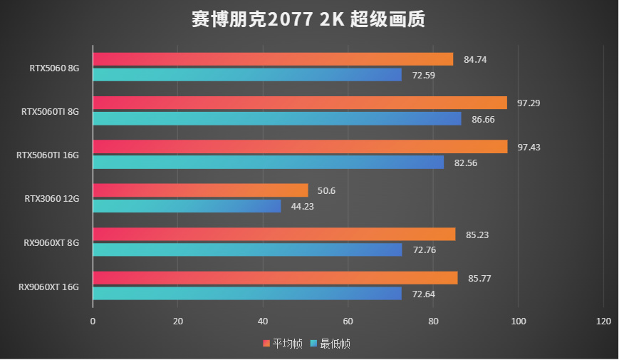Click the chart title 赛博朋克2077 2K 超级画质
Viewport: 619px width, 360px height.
pos(308,19)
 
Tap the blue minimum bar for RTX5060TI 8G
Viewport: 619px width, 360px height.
pos(277,118)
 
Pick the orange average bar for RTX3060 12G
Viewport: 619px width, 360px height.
pos(200,190)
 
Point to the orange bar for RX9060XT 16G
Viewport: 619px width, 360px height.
pos(275,277)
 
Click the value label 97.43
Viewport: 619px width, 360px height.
pos(529,147)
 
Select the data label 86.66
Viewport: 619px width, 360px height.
pos(483,119)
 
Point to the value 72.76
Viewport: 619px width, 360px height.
pos(424,250)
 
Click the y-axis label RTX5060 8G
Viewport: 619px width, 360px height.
pos(54,68)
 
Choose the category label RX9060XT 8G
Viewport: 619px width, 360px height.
pos(51,243)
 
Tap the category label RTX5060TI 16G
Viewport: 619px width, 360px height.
pos(48,155)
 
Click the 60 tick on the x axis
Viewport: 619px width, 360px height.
pos(348,322)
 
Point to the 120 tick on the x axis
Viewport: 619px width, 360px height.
pos(603,322)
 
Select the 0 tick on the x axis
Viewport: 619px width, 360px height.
pos(93,322)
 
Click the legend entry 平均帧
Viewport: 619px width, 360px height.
pos(283,344)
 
